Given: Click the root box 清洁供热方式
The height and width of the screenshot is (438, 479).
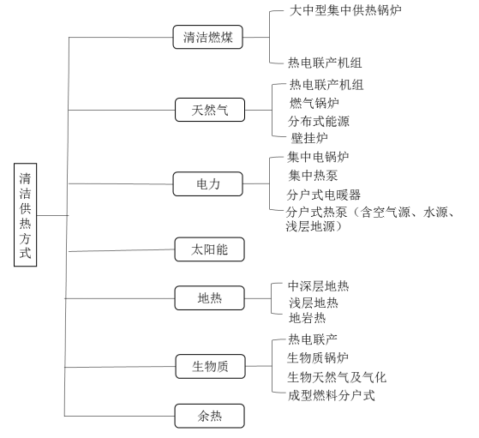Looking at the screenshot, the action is [x=26, y=215].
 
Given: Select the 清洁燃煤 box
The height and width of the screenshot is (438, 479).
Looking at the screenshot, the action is [x=207, y=37].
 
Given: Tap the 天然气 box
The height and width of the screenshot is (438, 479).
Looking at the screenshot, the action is [x=210, y=110].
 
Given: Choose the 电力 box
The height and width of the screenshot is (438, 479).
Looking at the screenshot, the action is [x=207, y=184].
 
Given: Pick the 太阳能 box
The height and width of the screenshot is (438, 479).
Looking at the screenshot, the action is [x=210, y=249].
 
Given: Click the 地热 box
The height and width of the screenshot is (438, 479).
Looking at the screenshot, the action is [x=210, y=298].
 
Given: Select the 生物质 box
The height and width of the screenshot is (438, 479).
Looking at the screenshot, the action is [x=210, y=367].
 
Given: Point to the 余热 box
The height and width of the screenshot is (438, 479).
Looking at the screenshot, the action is [x=210, y=416].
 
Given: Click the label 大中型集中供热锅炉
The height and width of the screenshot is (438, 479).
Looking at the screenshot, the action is [x=345, y=10].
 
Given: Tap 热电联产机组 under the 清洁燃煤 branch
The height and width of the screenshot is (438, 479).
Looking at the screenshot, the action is [x=325, y=63].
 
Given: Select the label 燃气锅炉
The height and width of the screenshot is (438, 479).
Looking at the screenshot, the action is [x=314, y=103].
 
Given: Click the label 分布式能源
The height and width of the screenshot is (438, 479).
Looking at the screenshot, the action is [x=319, y=121].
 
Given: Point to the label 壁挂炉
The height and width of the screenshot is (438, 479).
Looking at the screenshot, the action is [x=309, y=138].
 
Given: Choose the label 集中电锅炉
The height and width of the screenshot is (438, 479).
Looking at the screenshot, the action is [x=318, y=157].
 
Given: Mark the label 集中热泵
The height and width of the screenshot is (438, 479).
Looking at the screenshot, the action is [x=313, y=176].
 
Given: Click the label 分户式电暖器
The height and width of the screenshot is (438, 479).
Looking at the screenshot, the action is [x=324, y=195].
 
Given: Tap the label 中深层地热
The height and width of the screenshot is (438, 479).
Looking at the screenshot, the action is [x=318, y=286].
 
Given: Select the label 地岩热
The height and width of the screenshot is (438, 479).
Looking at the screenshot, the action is [x=308, y=318].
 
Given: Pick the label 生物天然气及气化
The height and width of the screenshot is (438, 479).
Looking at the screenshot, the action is [x=337, y=377].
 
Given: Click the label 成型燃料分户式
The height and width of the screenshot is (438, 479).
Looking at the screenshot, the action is [x=332, y=395].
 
